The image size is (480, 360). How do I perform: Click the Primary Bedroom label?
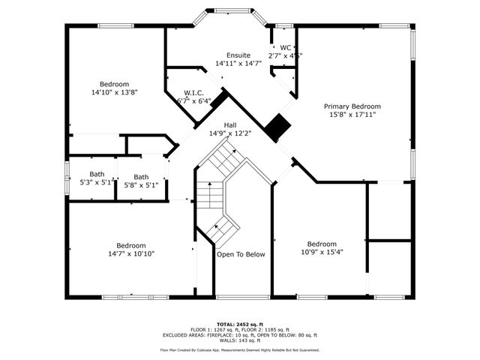tap(352, 106)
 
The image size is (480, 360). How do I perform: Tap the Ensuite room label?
tap(238, 55)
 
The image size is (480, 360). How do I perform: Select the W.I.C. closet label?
tap(193, 93)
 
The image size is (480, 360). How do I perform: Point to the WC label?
tap(285, 47)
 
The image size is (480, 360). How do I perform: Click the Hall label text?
tap(230, 125)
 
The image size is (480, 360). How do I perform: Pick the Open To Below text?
tap(241, 254)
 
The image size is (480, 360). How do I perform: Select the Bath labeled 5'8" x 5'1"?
tap(141, 177)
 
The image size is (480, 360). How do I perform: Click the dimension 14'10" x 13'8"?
tap(115, 92)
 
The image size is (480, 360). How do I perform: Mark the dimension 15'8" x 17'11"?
tap(352, 115)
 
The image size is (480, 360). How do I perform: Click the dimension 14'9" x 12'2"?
tap(230, 133)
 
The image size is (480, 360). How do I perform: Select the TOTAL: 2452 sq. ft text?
tap(240, 323)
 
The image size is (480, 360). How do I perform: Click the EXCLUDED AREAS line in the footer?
tap(240, 335)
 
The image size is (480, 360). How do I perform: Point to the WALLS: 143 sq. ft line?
tap(240, 341)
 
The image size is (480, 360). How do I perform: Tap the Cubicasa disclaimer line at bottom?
tap(240, 349)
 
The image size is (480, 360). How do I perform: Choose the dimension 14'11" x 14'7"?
tap(238, 64)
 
